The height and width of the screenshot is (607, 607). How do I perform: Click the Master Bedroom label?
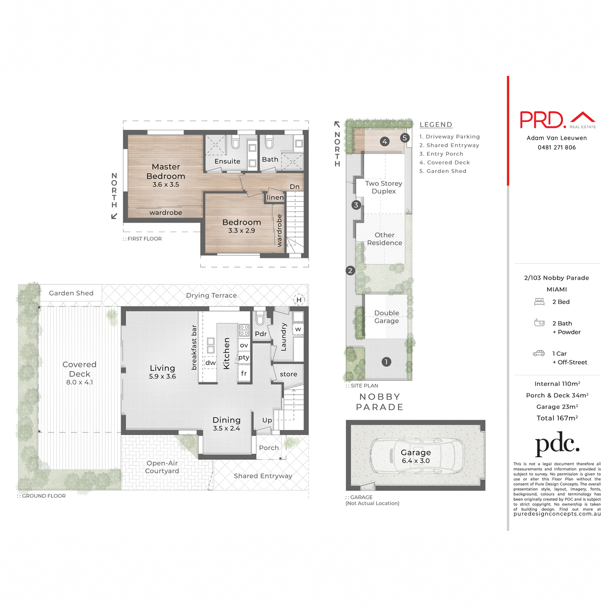click(165, 171)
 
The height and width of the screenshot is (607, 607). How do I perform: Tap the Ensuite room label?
click(227, 161)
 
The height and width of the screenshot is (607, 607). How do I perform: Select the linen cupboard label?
click(275, 197)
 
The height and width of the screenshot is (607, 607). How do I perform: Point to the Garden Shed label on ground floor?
click(71, 293)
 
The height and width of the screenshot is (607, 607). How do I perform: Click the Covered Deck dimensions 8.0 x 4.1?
click(79, 382)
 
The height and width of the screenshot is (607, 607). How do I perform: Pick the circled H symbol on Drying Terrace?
click(299, 300)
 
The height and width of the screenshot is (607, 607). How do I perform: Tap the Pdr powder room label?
click(261, 334)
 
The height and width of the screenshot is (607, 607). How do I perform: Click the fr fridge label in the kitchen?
click(244, 373)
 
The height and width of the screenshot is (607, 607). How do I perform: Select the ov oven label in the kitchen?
click(244, 345)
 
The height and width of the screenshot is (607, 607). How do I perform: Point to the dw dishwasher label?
click(210, 363)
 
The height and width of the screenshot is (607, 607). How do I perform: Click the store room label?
click(288, 374)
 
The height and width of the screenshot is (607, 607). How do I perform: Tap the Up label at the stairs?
click(267, 420)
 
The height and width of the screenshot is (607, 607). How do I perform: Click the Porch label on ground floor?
click(269, 448)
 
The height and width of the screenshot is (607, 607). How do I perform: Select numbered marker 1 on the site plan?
click(386, 362)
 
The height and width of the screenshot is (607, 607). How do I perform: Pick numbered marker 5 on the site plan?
click(404, 138)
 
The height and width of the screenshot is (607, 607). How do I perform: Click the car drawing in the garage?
click(416, 455)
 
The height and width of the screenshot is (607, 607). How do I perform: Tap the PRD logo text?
click(542, 120)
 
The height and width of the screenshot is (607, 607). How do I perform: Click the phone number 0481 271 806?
click(556, 148)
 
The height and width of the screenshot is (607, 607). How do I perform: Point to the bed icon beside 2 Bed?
click(539, 302)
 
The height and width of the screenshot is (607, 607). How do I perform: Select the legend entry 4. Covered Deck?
click(445, 162)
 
